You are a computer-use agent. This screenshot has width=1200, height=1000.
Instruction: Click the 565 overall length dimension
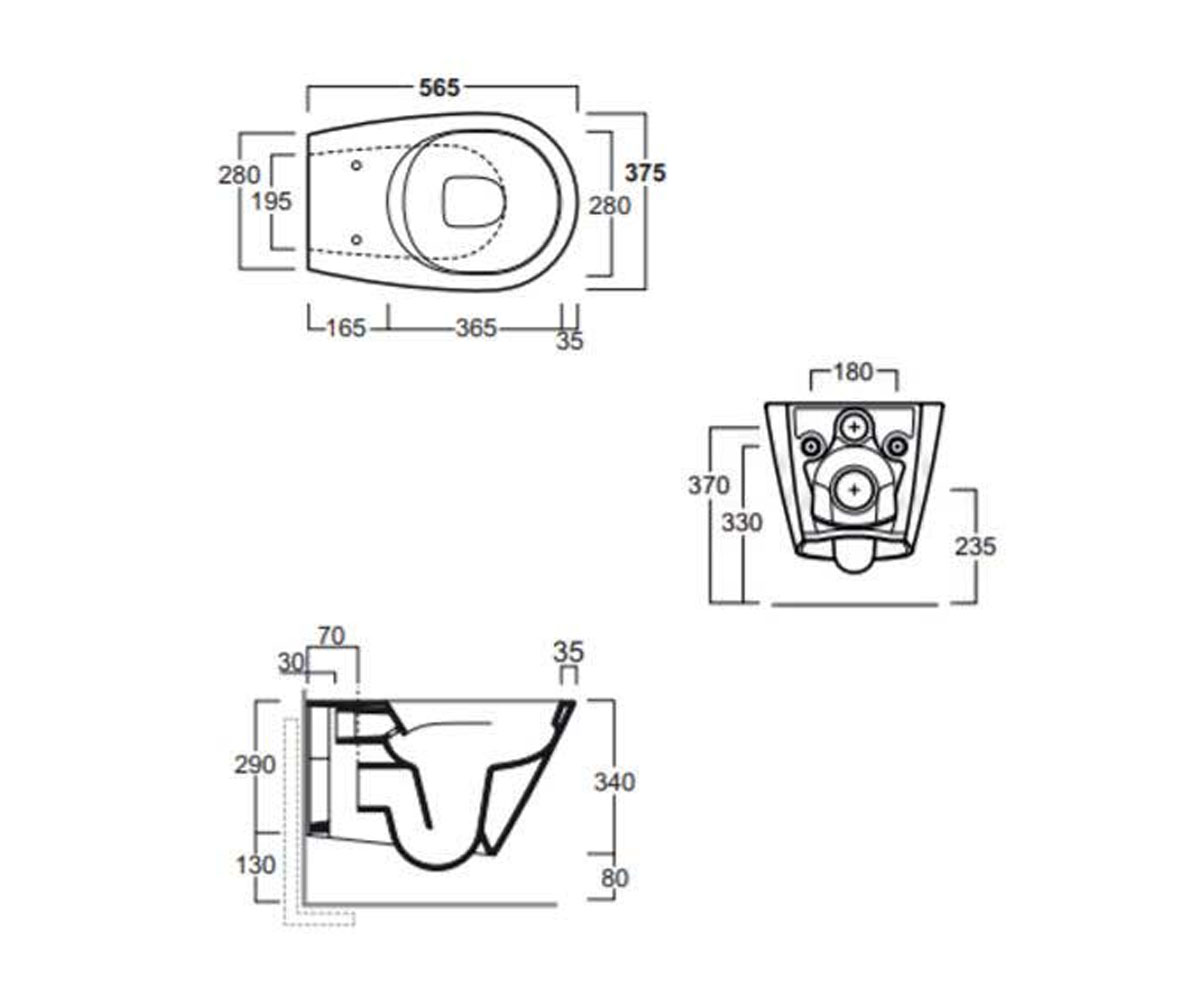coord(440,88)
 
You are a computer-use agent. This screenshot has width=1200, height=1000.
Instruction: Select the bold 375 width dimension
coord(645,172)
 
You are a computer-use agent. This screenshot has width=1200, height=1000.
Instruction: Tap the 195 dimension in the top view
coord(272,201)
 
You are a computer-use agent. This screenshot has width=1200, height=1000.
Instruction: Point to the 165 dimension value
coord(346,328)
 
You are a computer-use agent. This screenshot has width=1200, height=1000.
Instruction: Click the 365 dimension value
coord(476,328)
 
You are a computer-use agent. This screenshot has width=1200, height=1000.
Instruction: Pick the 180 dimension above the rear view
coord(853,372)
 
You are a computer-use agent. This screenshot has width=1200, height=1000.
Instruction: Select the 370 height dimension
coord(709,486)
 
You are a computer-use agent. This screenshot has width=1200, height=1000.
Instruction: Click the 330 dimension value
coord(742,523)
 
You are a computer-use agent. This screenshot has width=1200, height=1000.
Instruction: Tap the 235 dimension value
coord(975,547)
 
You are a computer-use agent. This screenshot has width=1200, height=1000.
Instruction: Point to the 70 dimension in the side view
coord(331,636)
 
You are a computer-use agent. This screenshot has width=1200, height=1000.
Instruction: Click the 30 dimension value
coord(291,663)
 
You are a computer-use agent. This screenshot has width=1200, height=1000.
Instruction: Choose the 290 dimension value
coord(255,765)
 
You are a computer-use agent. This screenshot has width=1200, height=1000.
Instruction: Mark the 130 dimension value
coord(256,865)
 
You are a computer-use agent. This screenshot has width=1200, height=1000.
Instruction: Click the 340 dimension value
coord(614,782)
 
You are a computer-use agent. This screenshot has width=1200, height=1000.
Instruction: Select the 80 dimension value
coord(614,878)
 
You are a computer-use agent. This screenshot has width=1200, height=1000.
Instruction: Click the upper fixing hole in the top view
coord(356,166)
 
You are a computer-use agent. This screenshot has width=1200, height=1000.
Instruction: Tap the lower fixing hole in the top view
coord(356,239)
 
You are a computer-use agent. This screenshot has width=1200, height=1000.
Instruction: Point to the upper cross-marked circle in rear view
coord(854,426)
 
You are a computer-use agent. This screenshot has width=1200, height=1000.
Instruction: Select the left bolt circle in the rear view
coord(811,445)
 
